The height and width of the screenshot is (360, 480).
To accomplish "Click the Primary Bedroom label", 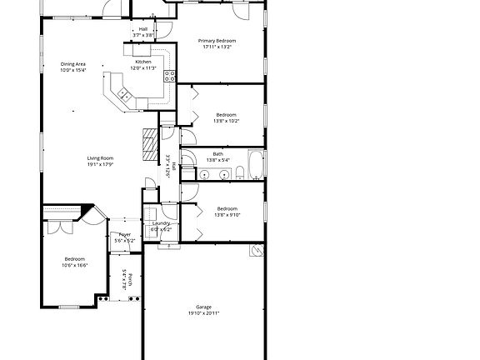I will (217, 41).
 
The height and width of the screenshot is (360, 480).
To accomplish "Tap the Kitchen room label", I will (143, 62).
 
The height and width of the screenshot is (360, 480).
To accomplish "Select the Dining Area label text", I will (73, 64).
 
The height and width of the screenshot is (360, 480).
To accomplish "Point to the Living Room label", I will (100, 158).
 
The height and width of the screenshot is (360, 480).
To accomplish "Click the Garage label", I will (204, 307).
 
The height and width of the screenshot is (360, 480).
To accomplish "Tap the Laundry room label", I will (161, 223).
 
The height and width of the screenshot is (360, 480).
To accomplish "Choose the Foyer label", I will (124, 235).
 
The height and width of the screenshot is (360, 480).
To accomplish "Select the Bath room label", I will (217, 153).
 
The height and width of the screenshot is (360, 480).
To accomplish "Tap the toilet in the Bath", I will (239, 173).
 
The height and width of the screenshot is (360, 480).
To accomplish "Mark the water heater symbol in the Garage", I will (257, 250).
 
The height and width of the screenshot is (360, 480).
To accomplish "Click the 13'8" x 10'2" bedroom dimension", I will (227, 121).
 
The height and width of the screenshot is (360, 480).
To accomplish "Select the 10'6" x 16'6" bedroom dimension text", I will (75, 266).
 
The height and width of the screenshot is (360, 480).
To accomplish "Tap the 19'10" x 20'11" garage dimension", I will (204, 313).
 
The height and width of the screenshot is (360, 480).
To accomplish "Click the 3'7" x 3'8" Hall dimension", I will (143, 35).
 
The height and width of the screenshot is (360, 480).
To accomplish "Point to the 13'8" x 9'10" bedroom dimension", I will (227, 215).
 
